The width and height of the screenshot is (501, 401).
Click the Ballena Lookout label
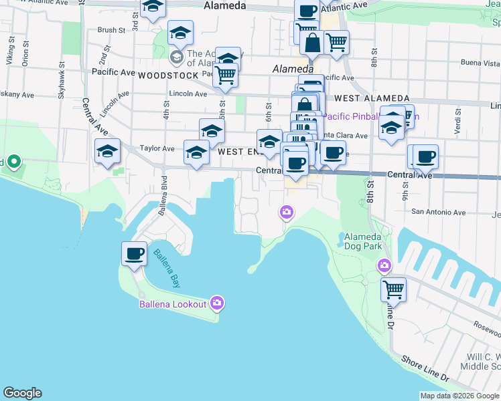pos(172,305)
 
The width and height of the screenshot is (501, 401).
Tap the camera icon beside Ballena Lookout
pos(216,303)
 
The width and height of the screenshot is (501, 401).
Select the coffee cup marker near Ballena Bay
pos(134,254)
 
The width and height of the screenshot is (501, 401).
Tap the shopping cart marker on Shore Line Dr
pos(393,290)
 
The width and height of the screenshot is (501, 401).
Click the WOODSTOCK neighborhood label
pos(168,76)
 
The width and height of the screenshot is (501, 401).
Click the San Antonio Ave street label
pos(438,213)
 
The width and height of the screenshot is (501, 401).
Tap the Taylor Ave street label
pos(157,148)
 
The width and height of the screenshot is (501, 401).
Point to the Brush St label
pos(111,30)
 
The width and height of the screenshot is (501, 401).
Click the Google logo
pos(22,393)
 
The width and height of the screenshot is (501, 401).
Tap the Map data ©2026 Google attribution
pos(459,396)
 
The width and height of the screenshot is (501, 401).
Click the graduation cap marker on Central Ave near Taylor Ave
pos(107,152)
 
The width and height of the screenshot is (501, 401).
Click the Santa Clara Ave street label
pos(345,136)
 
